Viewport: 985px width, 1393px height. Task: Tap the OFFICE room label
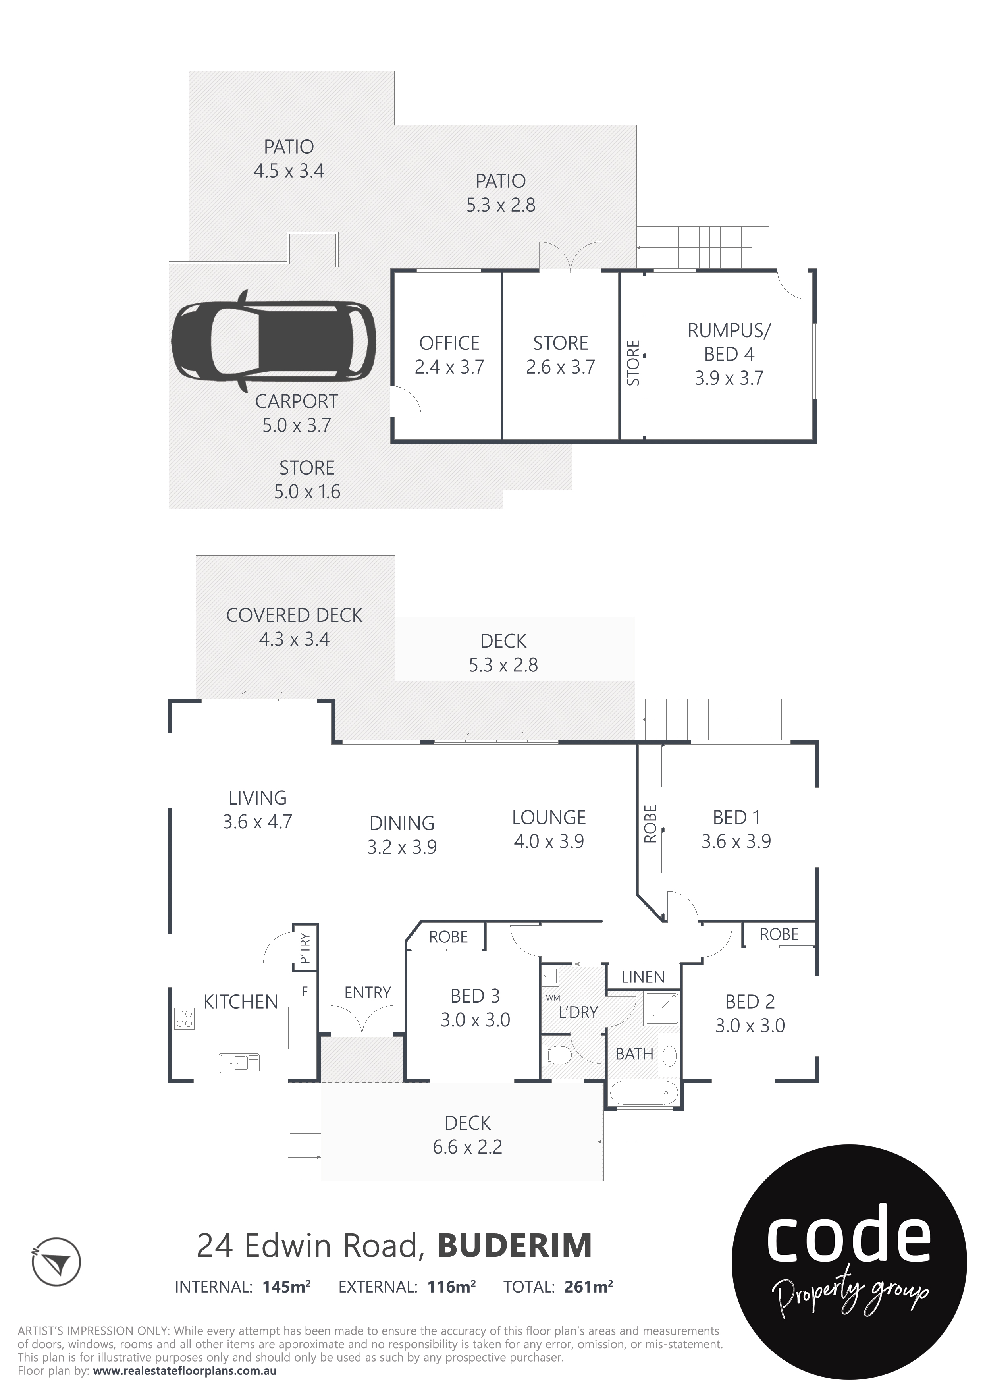coord(449,343)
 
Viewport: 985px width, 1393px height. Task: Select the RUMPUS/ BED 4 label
coord(729,342)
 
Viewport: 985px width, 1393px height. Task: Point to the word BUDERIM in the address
coord(515,1246)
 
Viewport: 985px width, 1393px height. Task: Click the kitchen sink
coord(239,1063)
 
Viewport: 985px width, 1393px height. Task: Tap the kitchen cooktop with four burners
coord(184,1019)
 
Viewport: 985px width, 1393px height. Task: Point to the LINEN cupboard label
coord(643,977)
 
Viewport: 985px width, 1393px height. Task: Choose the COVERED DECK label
coord(294,615)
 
